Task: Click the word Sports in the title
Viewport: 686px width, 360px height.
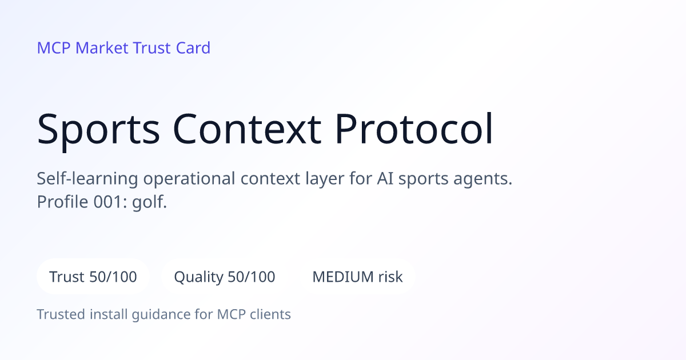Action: tap(98, 130)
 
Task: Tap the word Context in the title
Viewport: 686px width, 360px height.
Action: tap(247, 129)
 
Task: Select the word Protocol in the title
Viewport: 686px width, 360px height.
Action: tap(414, 128)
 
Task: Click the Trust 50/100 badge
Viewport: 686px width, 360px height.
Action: tap(93, 277)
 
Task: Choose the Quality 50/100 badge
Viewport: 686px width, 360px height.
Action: tap(225, 277)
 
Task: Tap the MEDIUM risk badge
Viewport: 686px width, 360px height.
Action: tap(357, 277)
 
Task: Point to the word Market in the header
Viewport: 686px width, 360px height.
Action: tap(102, 48)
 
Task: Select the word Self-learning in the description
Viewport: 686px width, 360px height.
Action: tap(87, 179)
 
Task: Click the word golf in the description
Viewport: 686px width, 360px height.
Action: tap(149, 202)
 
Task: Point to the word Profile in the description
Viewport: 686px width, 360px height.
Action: tap(62, 202)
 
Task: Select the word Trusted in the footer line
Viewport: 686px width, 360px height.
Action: tap(61, 314)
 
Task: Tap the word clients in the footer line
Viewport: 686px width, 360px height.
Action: tap(270, 314)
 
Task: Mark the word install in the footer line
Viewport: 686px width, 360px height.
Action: tap(109, 314)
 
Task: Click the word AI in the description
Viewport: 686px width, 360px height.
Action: tap(385, 179)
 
